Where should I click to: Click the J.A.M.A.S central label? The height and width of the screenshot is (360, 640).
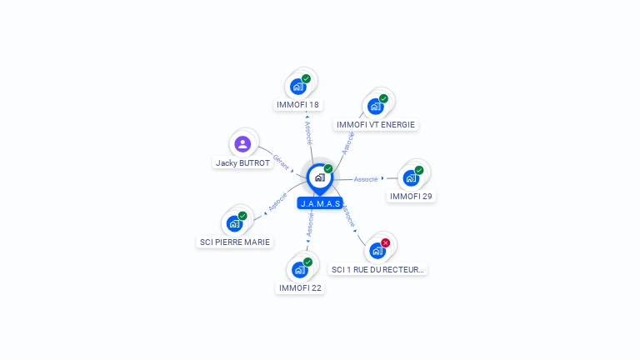point(320,203)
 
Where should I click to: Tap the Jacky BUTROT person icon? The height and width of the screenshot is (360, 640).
point(242,144)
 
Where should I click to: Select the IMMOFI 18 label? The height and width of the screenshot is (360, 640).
point(297,105)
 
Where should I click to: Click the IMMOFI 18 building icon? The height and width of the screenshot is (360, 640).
point(297,86)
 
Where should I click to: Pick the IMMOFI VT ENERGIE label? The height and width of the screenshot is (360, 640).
point(375,125)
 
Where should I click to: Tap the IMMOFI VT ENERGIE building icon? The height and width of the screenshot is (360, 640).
point(376,106)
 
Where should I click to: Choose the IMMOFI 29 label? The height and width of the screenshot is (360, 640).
point(411,197)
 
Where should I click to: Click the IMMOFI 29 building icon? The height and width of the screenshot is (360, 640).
point(410,177)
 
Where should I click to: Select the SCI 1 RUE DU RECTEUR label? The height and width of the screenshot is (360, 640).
point(378,269)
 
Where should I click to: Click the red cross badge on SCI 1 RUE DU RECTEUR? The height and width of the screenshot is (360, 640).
point(385,242)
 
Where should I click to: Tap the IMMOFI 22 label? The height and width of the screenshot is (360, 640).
point(300,288)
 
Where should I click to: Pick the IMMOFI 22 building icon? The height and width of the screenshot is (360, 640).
point(300,269)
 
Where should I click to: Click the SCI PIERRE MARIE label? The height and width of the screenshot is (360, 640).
point(235,242)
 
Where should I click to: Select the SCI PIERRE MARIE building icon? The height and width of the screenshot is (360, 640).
point(234,223)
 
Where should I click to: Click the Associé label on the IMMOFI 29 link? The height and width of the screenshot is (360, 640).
point(366,179)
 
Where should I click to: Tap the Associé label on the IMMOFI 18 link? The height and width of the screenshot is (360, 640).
point(308,133)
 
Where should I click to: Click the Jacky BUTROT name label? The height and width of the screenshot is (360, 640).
point(242,163)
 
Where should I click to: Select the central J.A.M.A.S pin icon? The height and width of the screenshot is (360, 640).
point(319,177)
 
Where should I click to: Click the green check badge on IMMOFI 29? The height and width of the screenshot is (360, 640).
point(419,170)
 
